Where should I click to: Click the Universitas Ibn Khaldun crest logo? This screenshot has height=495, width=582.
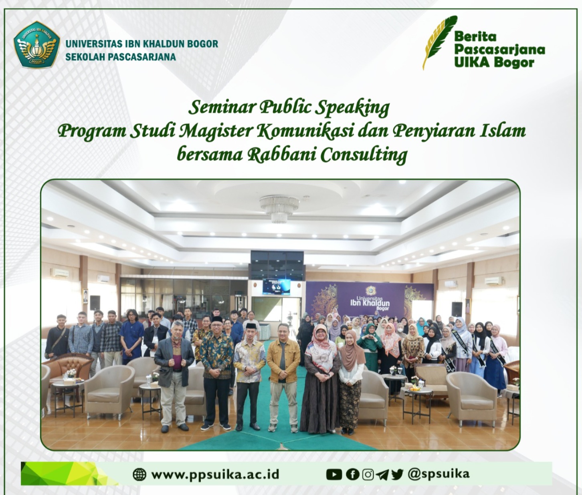click(x=37, y=44)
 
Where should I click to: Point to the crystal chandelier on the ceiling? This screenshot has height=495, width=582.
click(x=279, y=209)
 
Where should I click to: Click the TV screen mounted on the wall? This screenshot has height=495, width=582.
click(x=276, y=286)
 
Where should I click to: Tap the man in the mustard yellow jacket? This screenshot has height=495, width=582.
click(x=283, y=377)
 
